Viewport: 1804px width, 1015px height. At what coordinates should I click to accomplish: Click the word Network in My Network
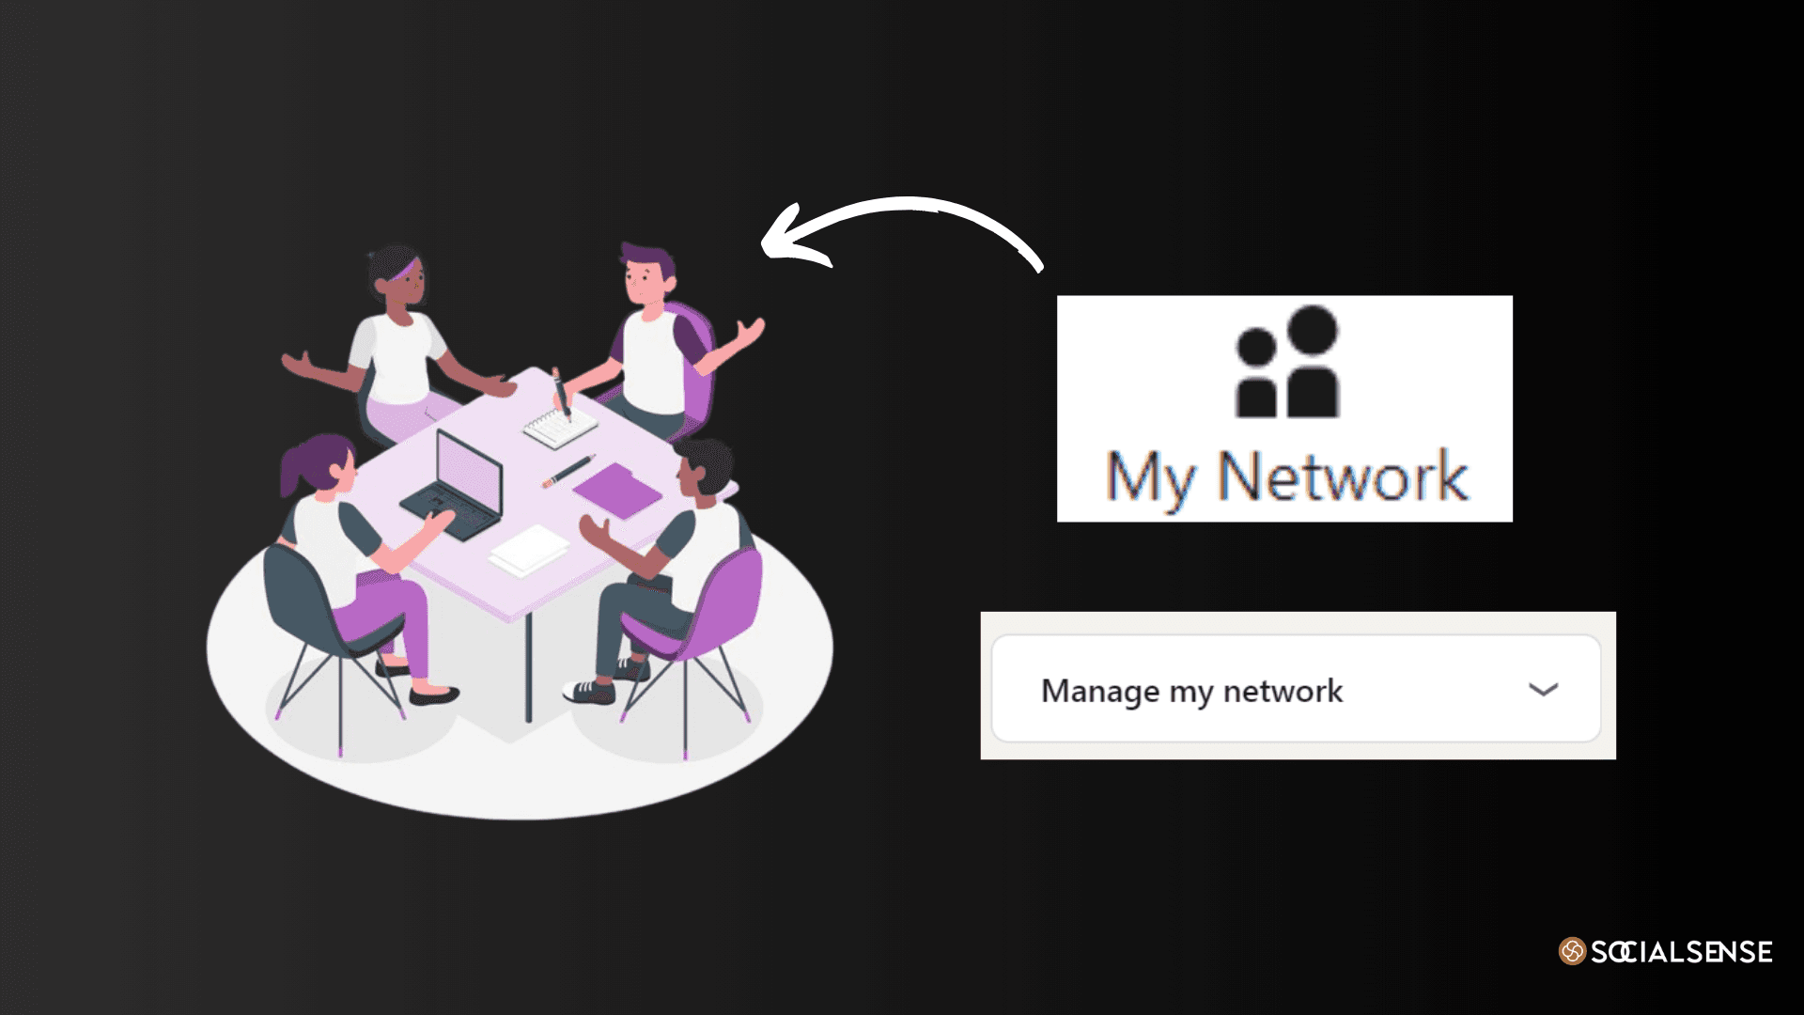tap(1343, 476)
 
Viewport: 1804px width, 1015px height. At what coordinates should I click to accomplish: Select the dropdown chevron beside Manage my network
tap(1543, 690)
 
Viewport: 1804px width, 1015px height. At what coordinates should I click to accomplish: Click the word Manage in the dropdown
tap(1100, 692)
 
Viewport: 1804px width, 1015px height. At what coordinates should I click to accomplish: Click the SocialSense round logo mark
tap(1572, 951)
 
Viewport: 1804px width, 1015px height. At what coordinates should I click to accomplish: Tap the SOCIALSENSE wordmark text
tap(1682, 952)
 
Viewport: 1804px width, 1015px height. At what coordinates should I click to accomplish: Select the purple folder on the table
tap(617, 489)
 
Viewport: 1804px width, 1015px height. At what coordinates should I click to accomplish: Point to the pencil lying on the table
tap(568, 471)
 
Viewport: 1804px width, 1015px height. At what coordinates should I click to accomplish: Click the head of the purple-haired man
tap(648, 273)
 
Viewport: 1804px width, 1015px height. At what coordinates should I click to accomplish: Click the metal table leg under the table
tap(528, 667)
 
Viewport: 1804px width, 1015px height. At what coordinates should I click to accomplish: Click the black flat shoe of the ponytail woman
tap(434, 695)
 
